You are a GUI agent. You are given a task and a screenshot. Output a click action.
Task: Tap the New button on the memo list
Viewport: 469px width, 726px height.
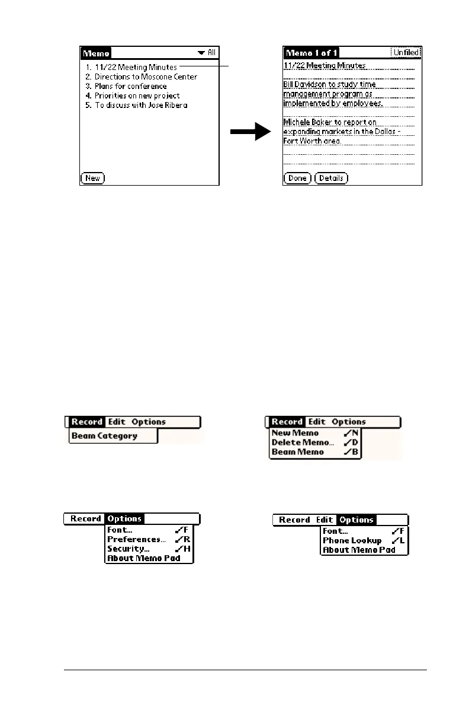click(x=92, y=178)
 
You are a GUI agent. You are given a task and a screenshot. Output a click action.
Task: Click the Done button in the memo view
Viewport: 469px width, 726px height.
click(x=297, y=178)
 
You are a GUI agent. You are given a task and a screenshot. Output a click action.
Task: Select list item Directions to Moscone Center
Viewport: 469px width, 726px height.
click(x=146, y=77)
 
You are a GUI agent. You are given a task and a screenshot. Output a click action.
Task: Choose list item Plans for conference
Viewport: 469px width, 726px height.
click(x=130, y=86)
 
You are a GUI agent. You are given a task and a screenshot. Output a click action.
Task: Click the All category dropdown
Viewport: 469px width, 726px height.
click(x=207, y=53)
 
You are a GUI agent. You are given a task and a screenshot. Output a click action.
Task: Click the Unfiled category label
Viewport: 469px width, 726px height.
click(x=406, y=53)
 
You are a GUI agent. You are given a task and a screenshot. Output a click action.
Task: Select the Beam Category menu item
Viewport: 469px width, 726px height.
click(x=104, y=436)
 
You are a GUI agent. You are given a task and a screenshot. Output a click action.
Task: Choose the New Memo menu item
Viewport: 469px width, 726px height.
click(x=295, y=433)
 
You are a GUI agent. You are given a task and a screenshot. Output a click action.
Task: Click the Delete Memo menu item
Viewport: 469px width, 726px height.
click(x=303, y=442)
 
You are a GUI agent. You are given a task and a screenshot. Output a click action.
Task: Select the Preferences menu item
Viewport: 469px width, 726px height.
click(x=136, y=540)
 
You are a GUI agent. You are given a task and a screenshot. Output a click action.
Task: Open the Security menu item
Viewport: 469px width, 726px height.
click(x=128, y=549)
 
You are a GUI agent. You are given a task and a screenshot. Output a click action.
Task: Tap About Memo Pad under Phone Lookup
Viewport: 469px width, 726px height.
click(x=358, y=550)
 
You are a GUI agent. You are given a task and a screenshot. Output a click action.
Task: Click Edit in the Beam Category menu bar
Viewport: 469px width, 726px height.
click(x=117, y=422)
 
